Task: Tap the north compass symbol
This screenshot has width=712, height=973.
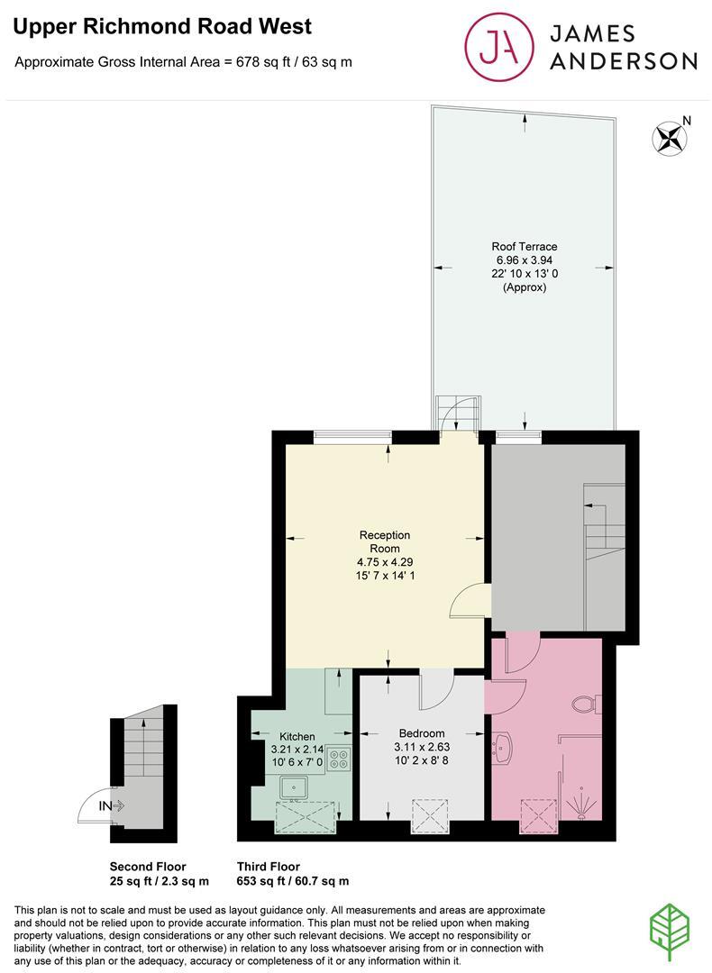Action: coord(669,138)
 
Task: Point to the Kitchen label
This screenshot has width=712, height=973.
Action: coord(297,736)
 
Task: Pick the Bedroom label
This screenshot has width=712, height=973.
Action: coord(422,733)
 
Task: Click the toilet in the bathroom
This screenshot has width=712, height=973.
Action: coord(586,704)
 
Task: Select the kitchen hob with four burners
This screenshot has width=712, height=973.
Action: coord(339,759)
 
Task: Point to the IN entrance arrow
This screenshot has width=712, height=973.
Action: coord(112,805)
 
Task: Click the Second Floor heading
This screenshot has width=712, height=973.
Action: coord(148,867)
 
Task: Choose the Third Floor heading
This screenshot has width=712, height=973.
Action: coord(269,867)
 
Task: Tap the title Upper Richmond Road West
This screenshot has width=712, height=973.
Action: coord(162,27)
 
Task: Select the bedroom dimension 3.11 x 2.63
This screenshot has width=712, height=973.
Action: coord(422,747)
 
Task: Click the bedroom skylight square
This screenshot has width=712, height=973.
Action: coord(430,816)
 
